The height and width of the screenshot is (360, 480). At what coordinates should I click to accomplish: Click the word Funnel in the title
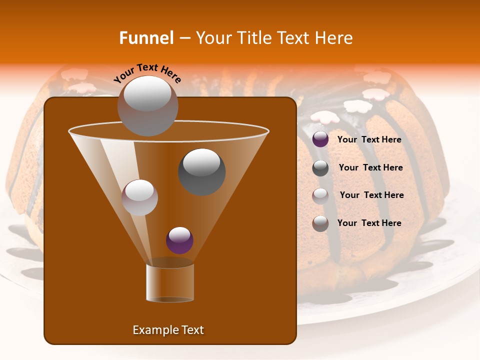tap(146, 38)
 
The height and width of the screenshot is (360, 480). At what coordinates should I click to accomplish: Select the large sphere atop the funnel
tap(147, 105)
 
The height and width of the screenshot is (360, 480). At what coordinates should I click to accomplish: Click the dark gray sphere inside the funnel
tap(201, 171)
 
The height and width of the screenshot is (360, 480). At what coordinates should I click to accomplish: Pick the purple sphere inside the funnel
tap(179, 240)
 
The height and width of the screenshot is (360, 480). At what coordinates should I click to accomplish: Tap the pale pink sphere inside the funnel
tap(139, 197)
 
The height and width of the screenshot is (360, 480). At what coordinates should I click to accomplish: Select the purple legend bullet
tap(320, 139)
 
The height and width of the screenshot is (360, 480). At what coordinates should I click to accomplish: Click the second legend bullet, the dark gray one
tap(320, 168)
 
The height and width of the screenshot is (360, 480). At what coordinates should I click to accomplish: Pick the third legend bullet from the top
tap(320, 195)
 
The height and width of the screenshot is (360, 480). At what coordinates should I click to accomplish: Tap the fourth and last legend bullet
tap(320, 223)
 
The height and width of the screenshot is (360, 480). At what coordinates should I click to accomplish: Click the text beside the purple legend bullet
tap(369, 139)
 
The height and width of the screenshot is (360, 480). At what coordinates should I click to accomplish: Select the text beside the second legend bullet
tap(370, 167)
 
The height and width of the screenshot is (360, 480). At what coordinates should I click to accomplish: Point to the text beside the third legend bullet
tap(371, 195)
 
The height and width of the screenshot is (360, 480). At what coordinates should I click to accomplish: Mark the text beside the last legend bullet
tap(369, 223)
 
